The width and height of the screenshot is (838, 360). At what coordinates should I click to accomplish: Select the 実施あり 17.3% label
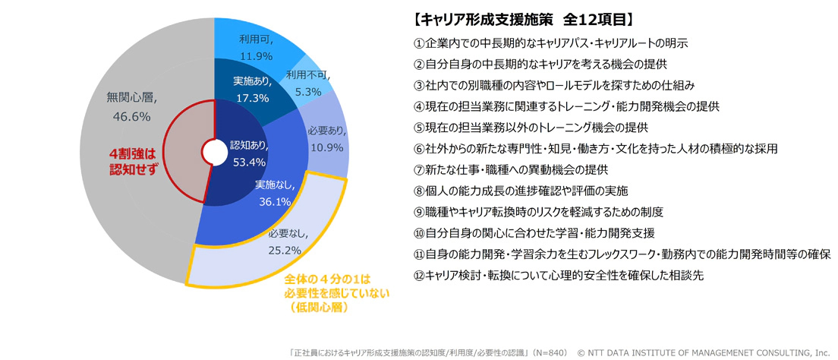pyautogui.click(x=252, y=89)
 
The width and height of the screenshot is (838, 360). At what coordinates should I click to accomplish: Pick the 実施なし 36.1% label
pyautogui.click(x=274, y=193)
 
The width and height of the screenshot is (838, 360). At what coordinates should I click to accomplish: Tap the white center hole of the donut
pyautogui.click(x=214, y=153)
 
